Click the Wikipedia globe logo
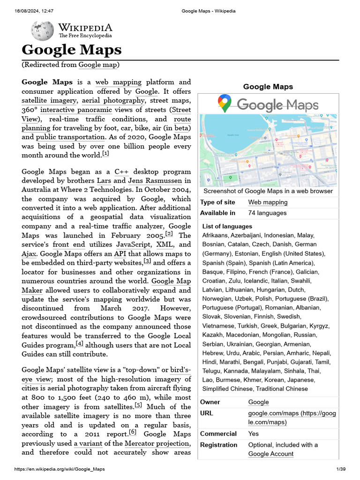(x=42, y=31)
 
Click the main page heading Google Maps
(x=72, y=50)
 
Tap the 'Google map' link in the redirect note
(x=98, y=65)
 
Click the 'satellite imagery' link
(x=49, y=100)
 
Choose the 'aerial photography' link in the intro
(x=113, y=100)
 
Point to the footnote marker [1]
(x=105, y=154)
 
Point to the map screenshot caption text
(x=268, y=191)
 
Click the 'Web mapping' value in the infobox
(x=268, y=202)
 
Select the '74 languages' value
(x=267, y=213)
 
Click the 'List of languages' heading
(x=227, y=226)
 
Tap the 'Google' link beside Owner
(x=258, y=402)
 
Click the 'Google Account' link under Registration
(x=270, y=454)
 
